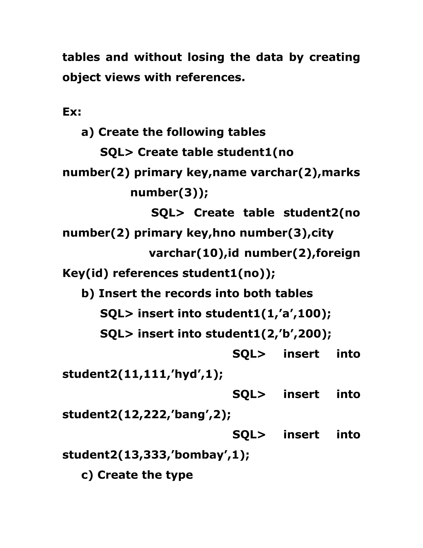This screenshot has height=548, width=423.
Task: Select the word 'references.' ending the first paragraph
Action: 210,77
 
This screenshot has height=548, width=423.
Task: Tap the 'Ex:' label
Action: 72,112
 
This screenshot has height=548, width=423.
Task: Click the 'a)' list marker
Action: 87,132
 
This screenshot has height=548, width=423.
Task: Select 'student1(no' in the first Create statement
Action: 255,152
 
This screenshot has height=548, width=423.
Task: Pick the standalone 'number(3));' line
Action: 169,193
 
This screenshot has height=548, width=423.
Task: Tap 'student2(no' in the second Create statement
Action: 322,213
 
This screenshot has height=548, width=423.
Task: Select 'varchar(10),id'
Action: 194,253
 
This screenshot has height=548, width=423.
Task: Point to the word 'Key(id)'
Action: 85,273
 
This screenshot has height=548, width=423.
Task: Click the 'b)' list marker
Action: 88,294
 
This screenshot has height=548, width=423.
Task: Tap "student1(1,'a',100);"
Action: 268,314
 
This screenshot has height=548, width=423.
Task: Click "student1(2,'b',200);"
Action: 268,334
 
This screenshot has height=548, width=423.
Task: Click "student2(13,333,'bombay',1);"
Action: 156,455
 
